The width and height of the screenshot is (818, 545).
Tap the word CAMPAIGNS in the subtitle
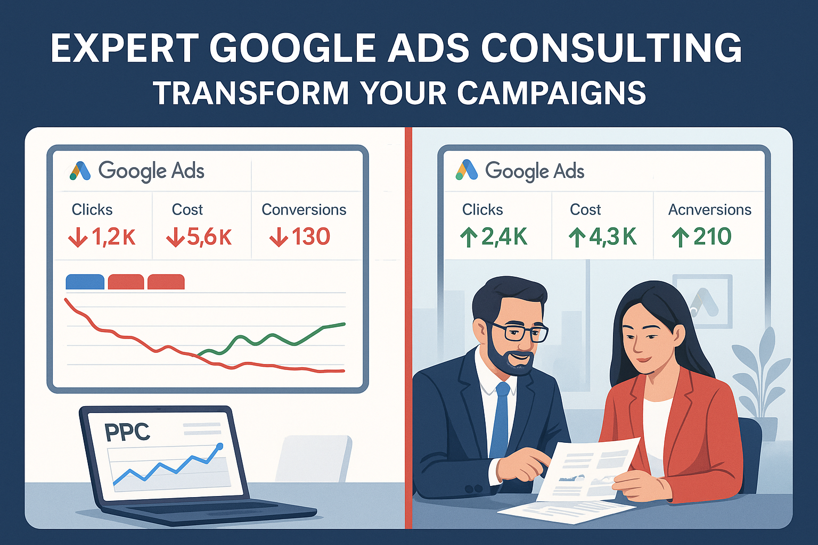click(x=551, y=93)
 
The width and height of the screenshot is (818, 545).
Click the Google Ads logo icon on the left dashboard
click(x=80, y=171)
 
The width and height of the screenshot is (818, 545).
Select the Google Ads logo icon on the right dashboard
click(x=467, y=170)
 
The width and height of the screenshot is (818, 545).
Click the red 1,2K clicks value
click(x=102, y=237)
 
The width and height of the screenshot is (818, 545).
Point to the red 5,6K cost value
click(x=199, y=237)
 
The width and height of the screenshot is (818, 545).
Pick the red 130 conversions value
click(x=300, y=236)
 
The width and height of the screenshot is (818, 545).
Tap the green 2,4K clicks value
click(x=493, y=236)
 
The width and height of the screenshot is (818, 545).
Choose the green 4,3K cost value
click(x=602, y=236)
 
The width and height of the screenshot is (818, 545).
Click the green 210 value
click(x=701, y=236)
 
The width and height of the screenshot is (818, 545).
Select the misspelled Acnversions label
click(x=709, y=210)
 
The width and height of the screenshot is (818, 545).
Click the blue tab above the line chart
click(x=85, y=282)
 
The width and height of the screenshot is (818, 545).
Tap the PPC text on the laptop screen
click(x=127, y=432)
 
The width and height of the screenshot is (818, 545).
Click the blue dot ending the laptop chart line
click(x=220, y=445)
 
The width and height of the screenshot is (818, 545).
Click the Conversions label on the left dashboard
click(x=304, y=210)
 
